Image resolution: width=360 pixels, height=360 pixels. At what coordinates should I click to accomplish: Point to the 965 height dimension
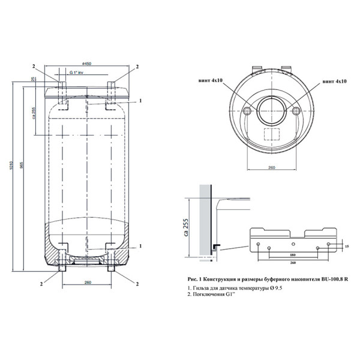[23, 174]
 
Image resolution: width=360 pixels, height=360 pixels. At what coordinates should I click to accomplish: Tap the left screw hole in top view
[247, 111]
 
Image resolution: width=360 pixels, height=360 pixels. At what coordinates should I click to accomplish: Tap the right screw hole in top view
[295, 111]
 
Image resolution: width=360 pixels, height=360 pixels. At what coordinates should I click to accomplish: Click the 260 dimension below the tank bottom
[87, 283]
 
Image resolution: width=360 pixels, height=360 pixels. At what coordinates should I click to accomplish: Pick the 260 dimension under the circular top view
[271, 169]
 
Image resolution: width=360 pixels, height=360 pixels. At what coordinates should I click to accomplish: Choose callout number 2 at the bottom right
[137, 283]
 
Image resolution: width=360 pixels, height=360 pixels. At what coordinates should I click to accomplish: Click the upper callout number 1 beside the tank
[139, 101]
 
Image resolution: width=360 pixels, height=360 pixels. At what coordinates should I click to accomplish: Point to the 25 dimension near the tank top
[34, 79]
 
